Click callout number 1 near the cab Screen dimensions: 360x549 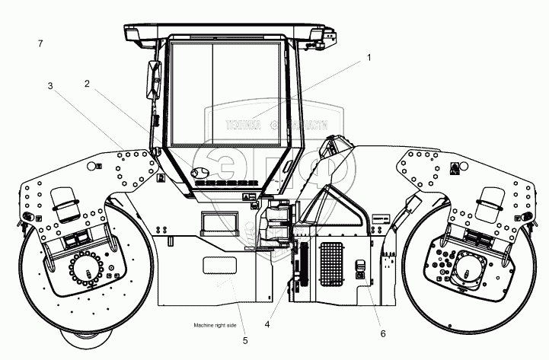369,57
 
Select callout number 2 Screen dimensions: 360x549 88,84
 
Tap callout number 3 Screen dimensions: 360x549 50,86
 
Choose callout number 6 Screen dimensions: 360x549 383,333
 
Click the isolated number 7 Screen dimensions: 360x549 39,44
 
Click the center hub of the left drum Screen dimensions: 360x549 91,272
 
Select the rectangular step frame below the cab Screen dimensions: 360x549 214,221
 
